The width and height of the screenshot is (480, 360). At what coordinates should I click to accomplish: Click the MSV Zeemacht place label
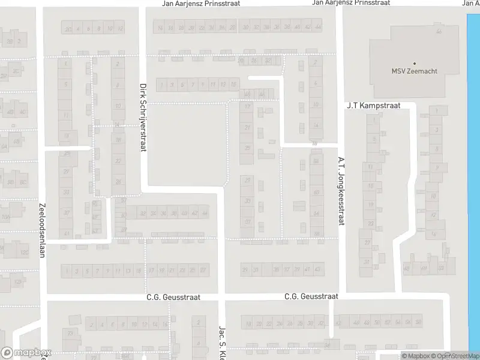click(x=414, y=71)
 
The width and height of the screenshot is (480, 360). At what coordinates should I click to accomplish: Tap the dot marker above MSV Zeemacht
click(x=414, y=63)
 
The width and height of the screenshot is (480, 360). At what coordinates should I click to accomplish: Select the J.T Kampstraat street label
click(x=373, y=106)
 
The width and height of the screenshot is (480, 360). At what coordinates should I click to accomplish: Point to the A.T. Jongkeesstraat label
click(x=340, y=191)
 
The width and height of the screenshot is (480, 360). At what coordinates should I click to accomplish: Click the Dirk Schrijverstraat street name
click(x=143, y=117)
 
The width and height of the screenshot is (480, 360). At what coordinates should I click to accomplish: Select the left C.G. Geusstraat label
click(x=173, y=297)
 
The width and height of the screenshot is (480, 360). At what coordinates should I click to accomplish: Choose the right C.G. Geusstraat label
click(x=311, y=296)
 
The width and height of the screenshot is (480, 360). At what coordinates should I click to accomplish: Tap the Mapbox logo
click(x=26, y=353)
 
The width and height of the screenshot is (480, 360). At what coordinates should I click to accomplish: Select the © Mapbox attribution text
click(x=415, y=356)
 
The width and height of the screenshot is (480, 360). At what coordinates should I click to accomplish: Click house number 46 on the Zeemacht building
click(x=439, y=31)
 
